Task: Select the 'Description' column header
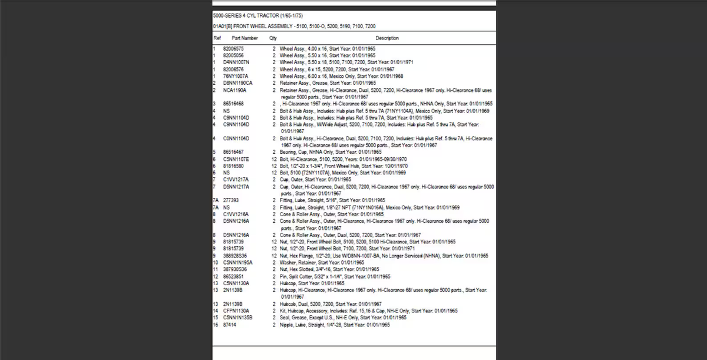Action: [x=386, y=38]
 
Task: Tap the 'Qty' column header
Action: [x=273, y=38]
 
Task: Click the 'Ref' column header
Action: [x=216, y=38]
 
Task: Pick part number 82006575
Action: [x=233, y=48]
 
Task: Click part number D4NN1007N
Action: [x=236, y=62]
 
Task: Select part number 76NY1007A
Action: [x=236, y=76]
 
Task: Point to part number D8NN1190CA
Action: [x=237, y=83]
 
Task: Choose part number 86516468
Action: [x=233, y=104]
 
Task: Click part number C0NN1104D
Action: [x=236, y=138]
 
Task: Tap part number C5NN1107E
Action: [x=236, y=159]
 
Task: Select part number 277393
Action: [x=231, y=200]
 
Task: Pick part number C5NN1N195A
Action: [x=237, y=262]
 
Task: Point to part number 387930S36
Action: [x=236, y=269]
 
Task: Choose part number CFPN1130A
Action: [x=236, y=311]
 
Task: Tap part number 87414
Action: [x=229, y=325]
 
